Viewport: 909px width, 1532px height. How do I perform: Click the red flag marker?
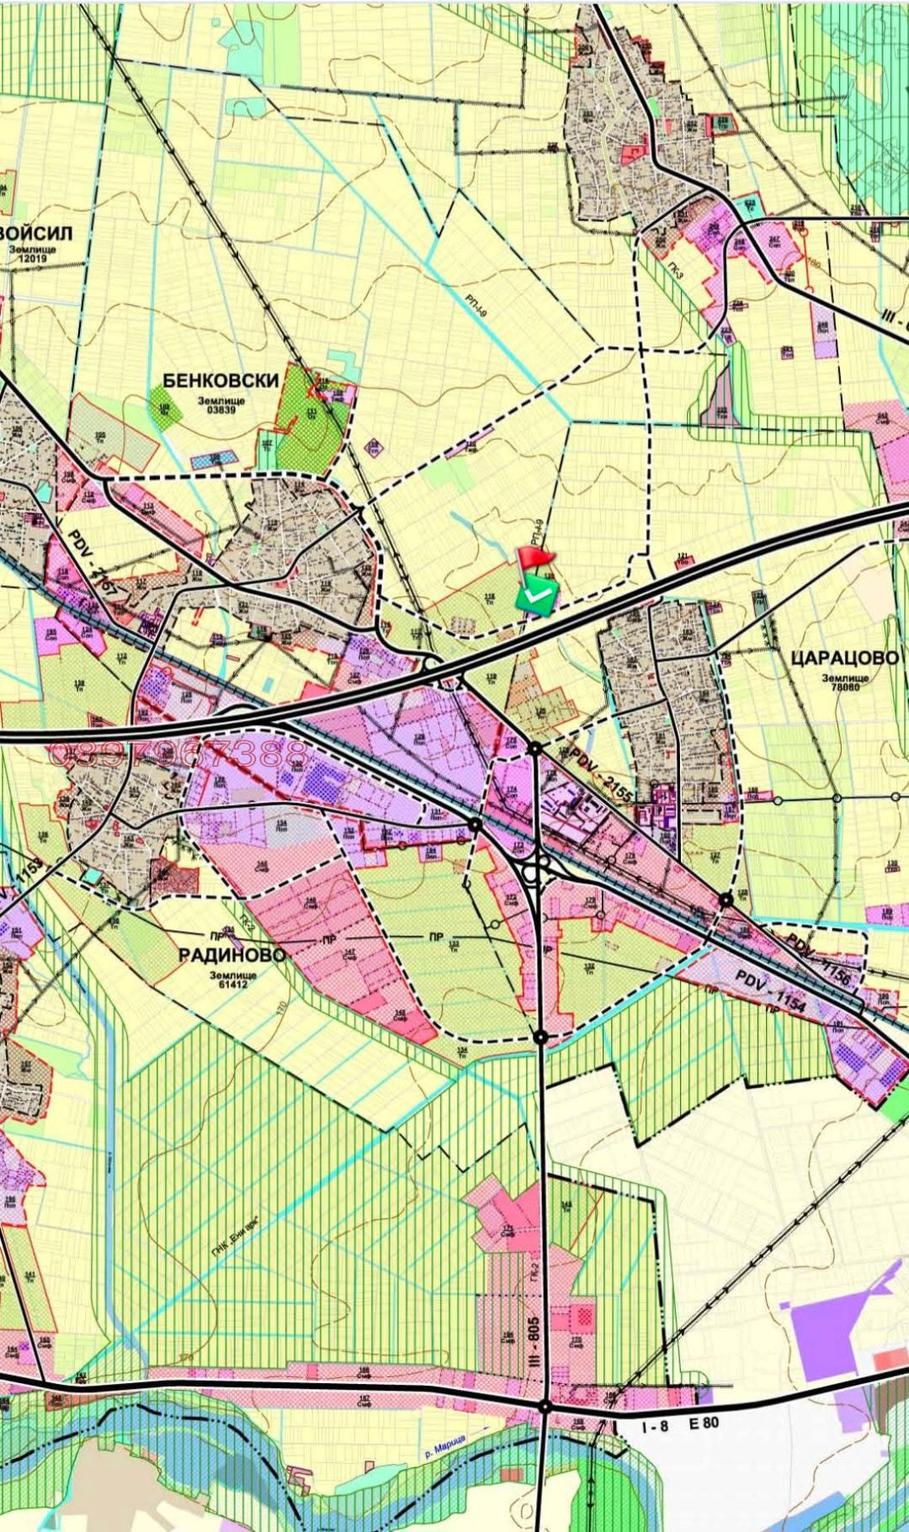[x=535, y=558]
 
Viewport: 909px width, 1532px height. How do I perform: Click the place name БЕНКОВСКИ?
[x=220, y=380]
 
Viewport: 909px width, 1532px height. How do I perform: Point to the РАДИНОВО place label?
[x=232, y=954]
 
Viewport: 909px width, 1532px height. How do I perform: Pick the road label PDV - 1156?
[x=817, y=958]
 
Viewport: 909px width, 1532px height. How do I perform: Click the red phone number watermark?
[x=180, y=753]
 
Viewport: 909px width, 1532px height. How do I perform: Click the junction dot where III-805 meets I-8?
[x=545, y=1408]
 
